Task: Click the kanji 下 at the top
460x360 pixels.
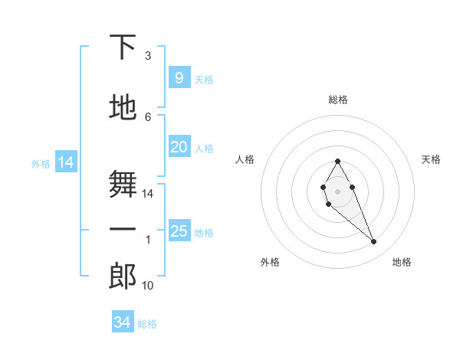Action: click(x=123, y=47)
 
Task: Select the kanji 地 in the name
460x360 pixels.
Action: click(x=123, y=108)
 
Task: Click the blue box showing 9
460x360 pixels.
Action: click(x=179, y=78)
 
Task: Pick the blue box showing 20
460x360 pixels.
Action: click(x=179, y=147)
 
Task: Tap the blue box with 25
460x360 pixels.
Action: click(x=179, y=231)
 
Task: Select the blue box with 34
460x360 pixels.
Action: click(x=122, y=322)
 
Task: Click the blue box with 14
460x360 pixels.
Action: click(x=65, y=162)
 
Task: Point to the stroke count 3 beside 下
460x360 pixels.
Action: click(x=148, y=56)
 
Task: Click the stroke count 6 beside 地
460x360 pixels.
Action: click(x=148, y=116)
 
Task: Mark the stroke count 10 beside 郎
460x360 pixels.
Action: click(x=148, y=286)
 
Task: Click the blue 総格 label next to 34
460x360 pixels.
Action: click(x=147, y=324)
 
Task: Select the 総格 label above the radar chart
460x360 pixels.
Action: click(x=338, y=100)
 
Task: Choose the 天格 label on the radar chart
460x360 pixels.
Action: click(x=431, y=159)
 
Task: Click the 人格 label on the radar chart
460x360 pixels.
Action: click(x=245, y=159)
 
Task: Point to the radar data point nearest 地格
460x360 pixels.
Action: click(x=374, y=242)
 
